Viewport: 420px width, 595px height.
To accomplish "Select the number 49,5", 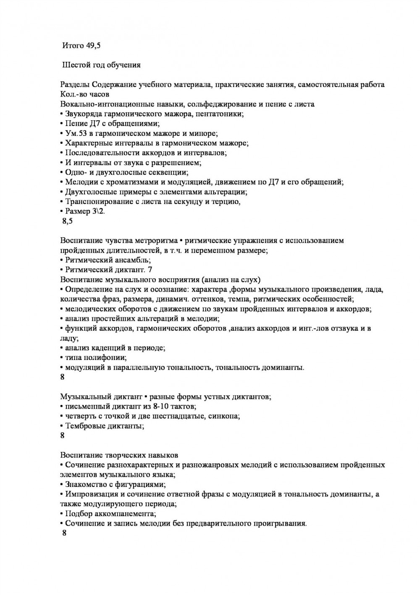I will [93, 45].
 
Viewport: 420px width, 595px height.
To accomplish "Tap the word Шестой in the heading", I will [76, 65].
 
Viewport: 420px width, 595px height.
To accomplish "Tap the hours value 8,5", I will [67, 221].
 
